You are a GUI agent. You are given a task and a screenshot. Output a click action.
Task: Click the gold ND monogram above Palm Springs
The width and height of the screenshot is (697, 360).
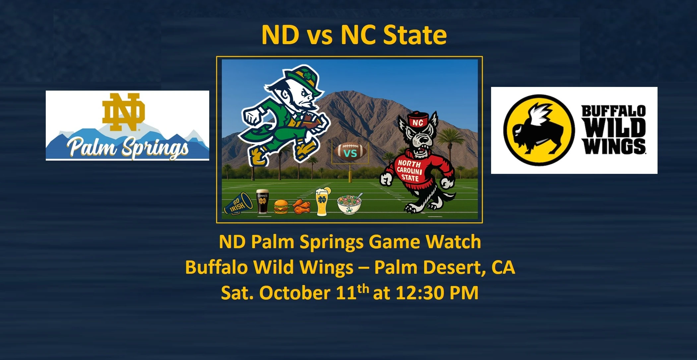point(123,112)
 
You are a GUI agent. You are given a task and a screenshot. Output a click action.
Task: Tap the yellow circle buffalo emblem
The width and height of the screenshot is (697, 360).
point(539,130)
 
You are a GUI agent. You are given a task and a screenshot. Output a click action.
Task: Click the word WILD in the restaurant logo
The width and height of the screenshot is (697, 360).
point(614,127)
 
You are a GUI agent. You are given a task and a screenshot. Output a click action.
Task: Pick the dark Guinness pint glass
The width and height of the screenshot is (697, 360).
point(263,201)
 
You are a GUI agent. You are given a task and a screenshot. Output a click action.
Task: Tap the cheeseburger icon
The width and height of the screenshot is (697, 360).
point(281,206)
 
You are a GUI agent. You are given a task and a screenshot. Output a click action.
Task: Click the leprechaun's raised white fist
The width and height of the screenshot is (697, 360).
point(253,115)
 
